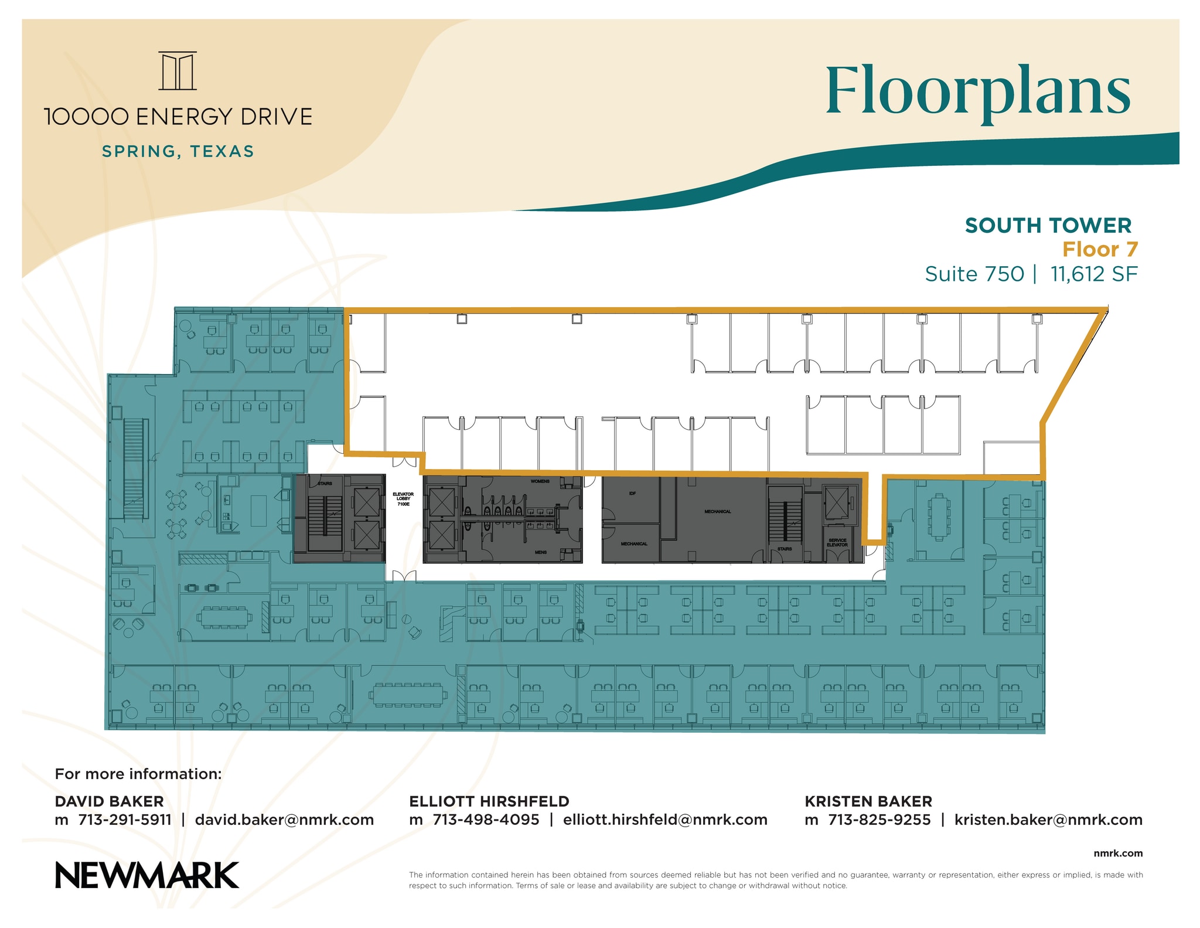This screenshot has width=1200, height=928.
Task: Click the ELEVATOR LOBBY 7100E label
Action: click(x=403, y=499)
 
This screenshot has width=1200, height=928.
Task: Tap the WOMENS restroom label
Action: click(x=540, y=481)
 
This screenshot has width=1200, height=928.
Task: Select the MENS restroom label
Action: click(x=540, y=552)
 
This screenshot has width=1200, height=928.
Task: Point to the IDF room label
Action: click(x=632, y=494)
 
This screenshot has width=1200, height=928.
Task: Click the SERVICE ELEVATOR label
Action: click(x=837, y=542)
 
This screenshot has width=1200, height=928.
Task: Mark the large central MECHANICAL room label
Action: click(x=718, y=512)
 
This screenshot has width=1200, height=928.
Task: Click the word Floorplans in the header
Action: click(x=978, y=93)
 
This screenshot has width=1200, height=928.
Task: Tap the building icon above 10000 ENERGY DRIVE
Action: click(x=178, y=71)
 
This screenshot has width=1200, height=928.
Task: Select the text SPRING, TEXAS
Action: click(x=178, y=151)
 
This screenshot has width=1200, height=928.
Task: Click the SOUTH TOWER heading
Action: click(x=1048, y=226)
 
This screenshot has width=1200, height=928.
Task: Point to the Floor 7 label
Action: click(x=1100, y=250)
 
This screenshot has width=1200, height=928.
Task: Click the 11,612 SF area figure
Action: click(x=1094, y=274)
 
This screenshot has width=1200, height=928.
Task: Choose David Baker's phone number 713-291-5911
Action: click(x=125, y=820)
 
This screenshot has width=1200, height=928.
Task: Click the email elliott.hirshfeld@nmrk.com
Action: click(x=665, y=820)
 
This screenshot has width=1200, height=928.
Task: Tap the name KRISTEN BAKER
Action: click(x=868, y=801)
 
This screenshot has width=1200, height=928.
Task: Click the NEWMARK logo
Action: click(x=147, y=875)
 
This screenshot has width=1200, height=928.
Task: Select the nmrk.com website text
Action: click(x=1118, y=854)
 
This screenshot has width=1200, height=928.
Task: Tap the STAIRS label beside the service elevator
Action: click(x=785, y=549)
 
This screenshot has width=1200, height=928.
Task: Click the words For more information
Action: click(x=138, y=774)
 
